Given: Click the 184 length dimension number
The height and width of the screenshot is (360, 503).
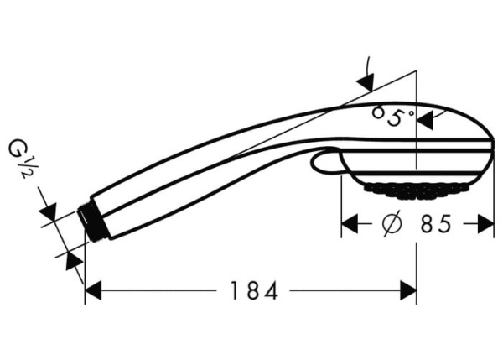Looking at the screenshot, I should [x=254, y=291].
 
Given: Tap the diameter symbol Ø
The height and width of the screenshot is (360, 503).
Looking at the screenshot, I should [x=390, y=224].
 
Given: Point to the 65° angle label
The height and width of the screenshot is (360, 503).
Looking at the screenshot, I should [x=393, y=115].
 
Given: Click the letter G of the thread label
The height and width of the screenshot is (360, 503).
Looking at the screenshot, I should [x=18, y=152].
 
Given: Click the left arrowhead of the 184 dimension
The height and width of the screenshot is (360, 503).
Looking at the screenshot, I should [x=93, y=291].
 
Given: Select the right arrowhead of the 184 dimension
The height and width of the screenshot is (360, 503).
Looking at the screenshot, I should [x=408, y=291].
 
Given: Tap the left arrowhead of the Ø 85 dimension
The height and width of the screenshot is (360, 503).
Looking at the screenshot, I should [x=350, y=224].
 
